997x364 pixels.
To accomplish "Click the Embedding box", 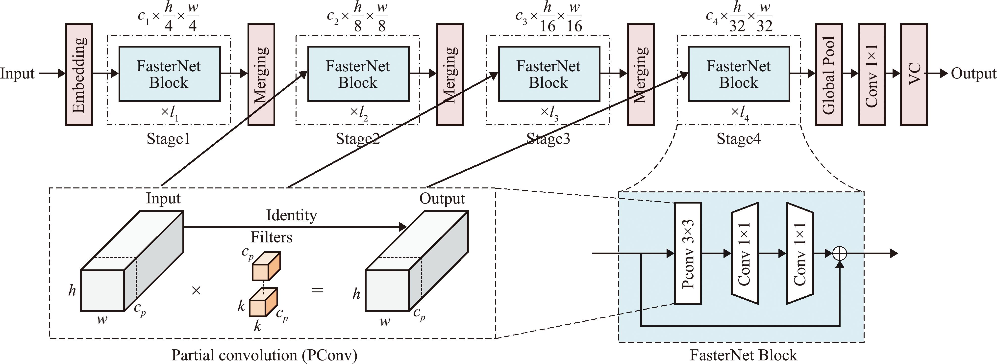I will (79, 74).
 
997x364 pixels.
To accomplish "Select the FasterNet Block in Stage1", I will (170, 74).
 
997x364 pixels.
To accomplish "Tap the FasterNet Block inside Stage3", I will (549, 74).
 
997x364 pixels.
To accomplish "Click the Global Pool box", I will (829, 74).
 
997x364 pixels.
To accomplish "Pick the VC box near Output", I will (914, 74).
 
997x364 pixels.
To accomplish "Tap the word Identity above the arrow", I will (291, 215).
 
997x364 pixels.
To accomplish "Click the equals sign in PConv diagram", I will (317, 290).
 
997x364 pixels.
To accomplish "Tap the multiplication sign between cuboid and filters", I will (196, 290).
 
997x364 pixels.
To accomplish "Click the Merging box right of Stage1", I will (261, 74).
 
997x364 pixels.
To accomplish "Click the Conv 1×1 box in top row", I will (872, 74).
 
